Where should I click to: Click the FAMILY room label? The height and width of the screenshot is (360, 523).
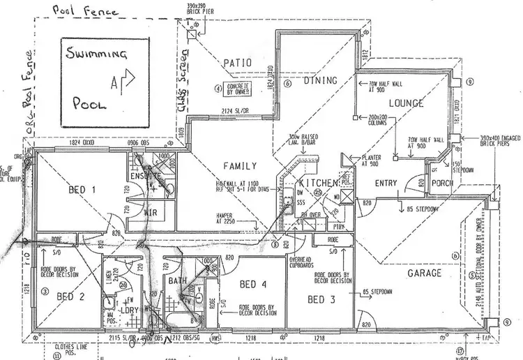coord(239,166)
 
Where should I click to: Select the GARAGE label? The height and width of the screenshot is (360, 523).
coord(424,273)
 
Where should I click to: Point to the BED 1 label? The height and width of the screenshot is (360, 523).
coord(82,190)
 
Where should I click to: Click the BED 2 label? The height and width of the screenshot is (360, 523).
coord(70,295)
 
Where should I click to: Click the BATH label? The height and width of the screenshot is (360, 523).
coord(176,281)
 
